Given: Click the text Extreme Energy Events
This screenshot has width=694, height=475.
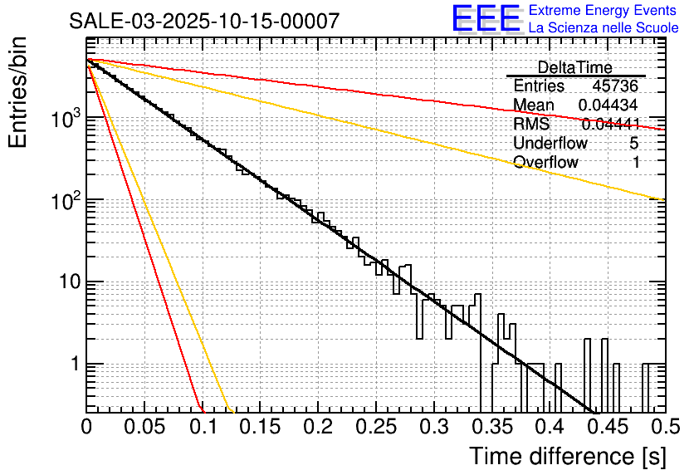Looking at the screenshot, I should coord(604,11).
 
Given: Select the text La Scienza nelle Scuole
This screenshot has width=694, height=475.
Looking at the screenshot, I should coord(604,28).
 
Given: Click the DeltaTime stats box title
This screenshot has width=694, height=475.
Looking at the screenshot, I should coord(575,67).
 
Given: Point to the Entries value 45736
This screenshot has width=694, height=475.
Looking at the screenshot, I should coord(615,86).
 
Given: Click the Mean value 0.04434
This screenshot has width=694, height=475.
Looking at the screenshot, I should coord(608,105).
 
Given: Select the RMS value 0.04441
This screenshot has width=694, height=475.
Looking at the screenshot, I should coord(610,125).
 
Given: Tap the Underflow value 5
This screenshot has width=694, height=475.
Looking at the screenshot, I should coord(635,144).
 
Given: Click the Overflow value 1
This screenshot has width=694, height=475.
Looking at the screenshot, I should coord(636,163).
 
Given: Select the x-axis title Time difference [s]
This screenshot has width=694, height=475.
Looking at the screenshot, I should coord(566,456).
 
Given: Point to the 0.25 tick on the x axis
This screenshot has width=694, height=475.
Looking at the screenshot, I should coord(376,427).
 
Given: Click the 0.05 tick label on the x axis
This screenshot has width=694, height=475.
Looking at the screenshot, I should coord(144,427).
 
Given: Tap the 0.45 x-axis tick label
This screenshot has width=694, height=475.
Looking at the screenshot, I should coord(608,427).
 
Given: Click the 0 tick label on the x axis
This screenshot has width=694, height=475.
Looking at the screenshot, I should coord(86,427).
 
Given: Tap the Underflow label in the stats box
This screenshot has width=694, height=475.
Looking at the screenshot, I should coord(550,144).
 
